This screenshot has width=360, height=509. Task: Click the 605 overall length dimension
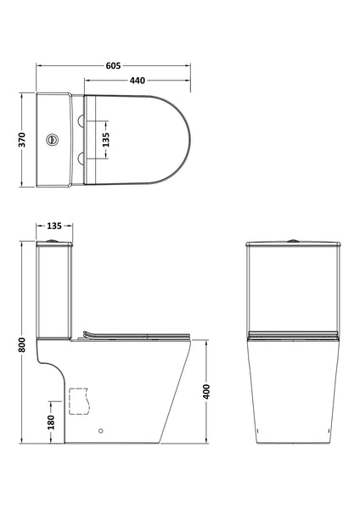[113, 60]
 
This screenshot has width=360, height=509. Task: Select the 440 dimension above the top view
[137, 80]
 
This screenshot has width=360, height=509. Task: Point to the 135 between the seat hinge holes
[106, 138]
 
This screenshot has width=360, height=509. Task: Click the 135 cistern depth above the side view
[53, 227]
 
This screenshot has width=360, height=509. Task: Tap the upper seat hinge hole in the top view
[82, 120]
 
